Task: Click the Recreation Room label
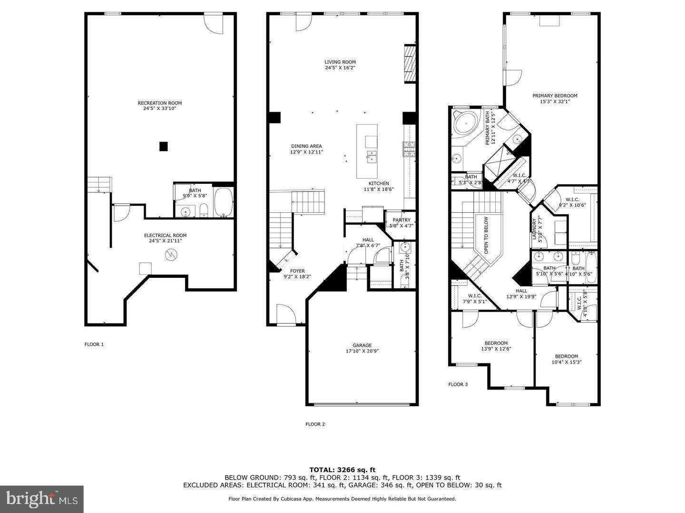pyautogui.click(x=159, y=103)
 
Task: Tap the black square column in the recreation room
pyautogui.click(x=163, y=147)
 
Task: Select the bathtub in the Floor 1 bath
pyautogui.click(x=223, y=202)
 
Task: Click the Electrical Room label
pyautogui.click(x=165, y=236)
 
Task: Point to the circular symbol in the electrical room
pyautogui.click(x=170, y=255)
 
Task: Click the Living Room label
pyautogui.click(x=340, y=62)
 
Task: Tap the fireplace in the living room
pyautogui.click(x=410, y=64)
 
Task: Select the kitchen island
pyautogui.click(x=367, y=151)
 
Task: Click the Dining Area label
pyautogui.click(x=306, y=146)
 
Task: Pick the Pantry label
pyautogui.click(x=401, y=220)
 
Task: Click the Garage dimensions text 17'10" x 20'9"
pyautogui.click(x=362, y=351)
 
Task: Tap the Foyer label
pyautogui.click(x=297, y=271)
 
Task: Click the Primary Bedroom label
pyautogui.click(x=555, y=95)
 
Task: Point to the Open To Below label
pyautogui.click(x=486, y=235)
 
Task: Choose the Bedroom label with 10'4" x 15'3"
pyautogui.click(x=567, y=356)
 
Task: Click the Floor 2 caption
pyautogui.click(x=315, y=424)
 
